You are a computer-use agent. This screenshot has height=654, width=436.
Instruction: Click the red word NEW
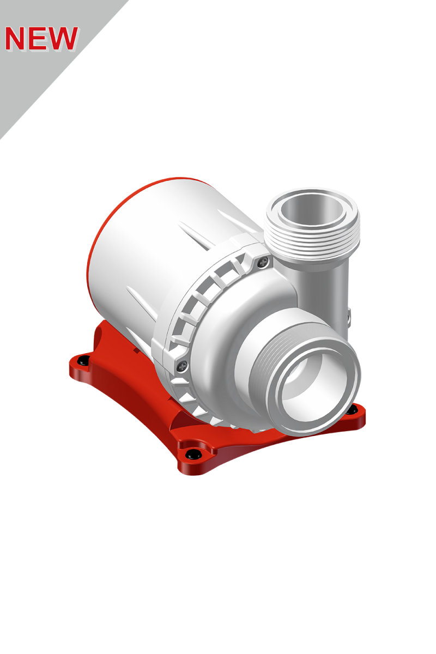click(x=41, y=38)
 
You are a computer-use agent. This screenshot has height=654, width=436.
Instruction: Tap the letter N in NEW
click(x=16, y=38)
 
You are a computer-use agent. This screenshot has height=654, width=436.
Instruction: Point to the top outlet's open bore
click(x=311, y=210)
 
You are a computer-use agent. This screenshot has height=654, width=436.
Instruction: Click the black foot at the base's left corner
click(x=83, y=360)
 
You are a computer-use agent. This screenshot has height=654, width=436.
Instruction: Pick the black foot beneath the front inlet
click(x=352, y=409)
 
